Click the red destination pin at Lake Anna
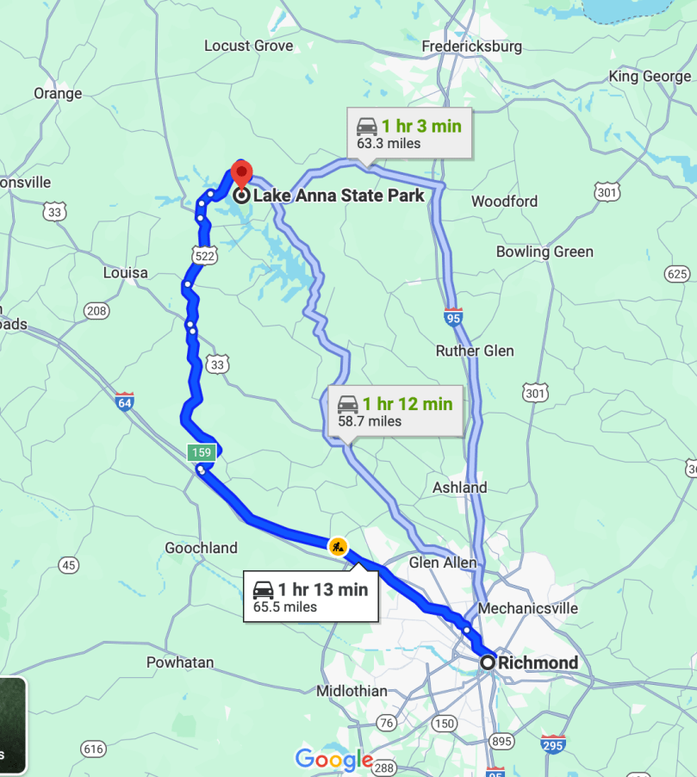tap(240, 172)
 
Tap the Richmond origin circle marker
tap(488, 662)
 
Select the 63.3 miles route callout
tap(410, 134)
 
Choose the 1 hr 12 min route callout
tap(395, 412)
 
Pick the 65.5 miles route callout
tap(310, 598)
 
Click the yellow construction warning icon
tap(338, 545)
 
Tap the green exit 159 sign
tap(202, 451)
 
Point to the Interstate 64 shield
tap(125, 401)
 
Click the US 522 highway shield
tap(205, 256)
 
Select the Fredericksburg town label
tap(472, 47)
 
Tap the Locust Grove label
tap(248, 46)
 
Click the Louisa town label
tap(125, 272)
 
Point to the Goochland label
tap(201, 548)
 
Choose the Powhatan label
tap(179, 662)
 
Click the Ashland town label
tap(460, 488)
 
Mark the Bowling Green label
tap(545, 252)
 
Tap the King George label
tap(650, 77)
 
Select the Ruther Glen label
tap(475, 351)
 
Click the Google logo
tap(333, 760)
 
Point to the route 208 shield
tap(96, 310)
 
